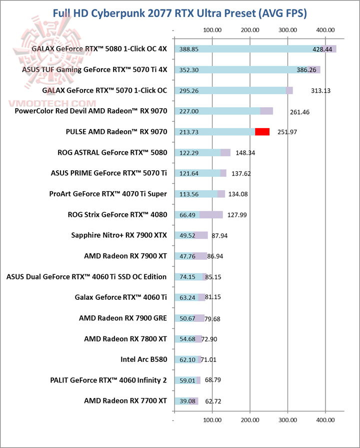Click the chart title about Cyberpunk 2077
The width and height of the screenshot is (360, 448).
click(x=180, y=12)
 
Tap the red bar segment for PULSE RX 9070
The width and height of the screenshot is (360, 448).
click(x=262, y=132)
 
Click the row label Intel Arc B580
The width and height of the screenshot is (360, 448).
click(x=143, y=359)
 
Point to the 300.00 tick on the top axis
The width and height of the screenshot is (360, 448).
click(x=287, y=30)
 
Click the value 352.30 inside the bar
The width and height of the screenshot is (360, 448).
click(x=189, y=70)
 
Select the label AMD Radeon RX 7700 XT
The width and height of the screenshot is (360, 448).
click(x=125, y=400)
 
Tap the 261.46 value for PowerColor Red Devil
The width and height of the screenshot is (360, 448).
click(x=299, y=112)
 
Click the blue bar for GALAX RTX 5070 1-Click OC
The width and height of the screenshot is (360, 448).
click(x=230, y=91)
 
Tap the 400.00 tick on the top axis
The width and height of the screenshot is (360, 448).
click(x=325, y=30)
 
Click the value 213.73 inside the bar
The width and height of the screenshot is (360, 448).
click(x=189, y=132)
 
